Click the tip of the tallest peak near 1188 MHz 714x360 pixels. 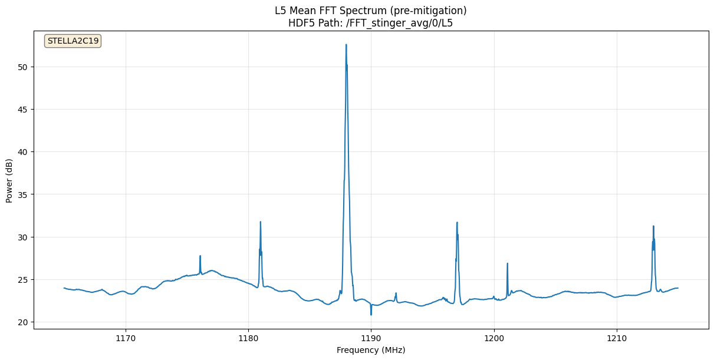click(x=346, y=45)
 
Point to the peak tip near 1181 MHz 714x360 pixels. click(x=260, y=222)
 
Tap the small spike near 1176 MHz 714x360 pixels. click(x=200, y=256)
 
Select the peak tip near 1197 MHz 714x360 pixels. click(x=457, y=223)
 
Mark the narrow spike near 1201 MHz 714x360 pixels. click(x=507, y=263)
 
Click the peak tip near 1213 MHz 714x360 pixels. click(x=653, y=226)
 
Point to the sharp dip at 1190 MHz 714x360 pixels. click(x=371, y=314)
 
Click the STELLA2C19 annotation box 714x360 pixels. click(x=73, y=41)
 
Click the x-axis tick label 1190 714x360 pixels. click(x=371, y=339)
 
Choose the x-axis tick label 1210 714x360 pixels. click(x=617, y=339)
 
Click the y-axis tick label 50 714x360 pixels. click(x=22, y=67)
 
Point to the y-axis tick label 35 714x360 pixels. click(x=22, y=194)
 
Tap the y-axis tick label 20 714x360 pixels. click(x=22, y=322)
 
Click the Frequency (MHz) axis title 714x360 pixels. click(x=371, y=350)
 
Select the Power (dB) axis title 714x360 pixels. click(x=9, y=181)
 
